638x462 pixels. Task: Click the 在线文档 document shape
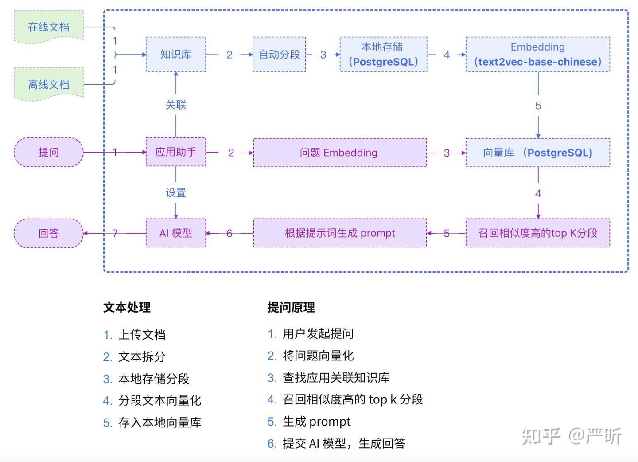49,27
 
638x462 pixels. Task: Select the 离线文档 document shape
49,84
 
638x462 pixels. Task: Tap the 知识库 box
176,55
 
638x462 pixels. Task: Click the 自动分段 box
279,55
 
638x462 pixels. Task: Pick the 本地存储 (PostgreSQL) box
383,55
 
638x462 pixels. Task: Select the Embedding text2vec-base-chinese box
537,55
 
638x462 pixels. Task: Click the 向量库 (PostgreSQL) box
537,153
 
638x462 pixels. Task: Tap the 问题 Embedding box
339,153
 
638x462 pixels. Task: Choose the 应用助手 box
176,152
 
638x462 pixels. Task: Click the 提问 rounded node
49,152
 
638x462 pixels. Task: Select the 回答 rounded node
49,233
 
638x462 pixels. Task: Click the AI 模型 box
176,233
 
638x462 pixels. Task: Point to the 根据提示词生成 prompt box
339,233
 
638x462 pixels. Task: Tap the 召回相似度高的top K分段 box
537,233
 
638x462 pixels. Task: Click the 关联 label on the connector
176,105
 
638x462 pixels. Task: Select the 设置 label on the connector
176,193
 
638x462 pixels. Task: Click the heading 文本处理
127,307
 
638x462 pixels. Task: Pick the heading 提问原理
291,307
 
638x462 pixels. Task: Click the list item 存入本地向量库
159,423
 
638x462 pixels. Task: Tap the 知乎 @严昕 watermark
572,436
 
